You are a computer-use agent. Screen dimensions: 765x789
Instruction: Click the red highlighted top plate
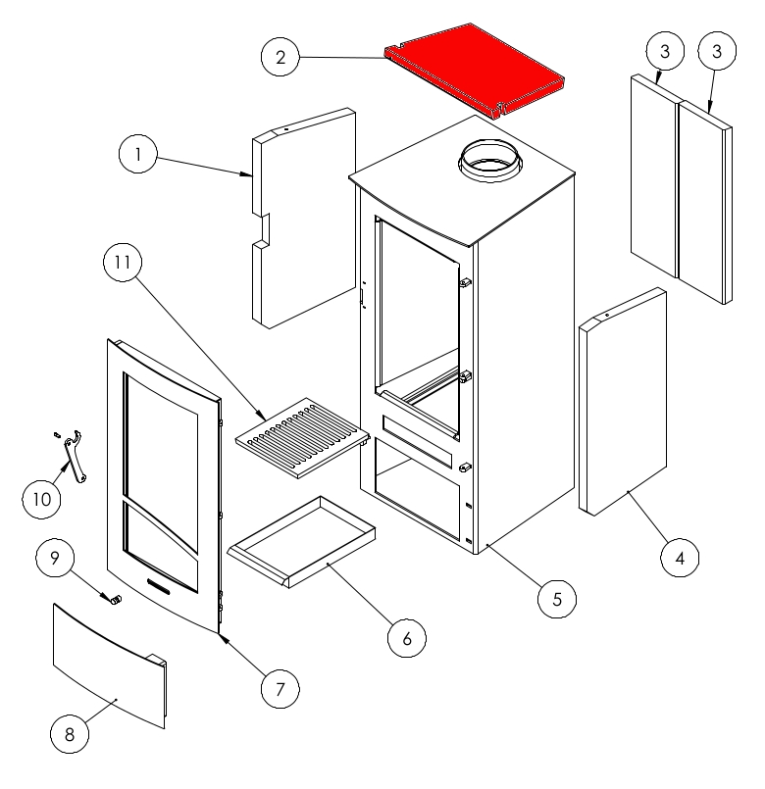point(475,71)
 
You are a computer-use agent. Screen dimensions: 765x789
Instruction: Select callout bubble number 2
point(280,57)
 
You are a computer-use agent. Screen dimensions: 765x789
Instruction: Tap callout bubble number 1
point(138,154)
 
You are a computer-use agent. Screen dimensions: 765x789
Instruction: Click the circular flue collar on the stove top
point(490,161)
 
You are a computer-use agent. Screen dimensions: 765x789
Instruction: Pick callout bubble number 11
point(123,262)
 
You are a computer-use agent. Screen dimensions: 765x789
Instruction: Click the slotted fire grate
point(303,438)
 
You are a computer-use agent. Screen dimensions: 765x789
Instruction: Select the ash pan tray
point(302,541)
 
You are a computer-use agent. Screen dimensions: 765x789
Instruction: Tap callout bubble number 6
point(406,638)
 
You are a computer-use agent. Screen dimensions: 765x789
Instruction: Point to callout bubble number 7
point(280,689)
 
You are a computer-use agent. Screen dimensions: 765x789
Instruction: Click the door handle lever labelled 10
point(74,457)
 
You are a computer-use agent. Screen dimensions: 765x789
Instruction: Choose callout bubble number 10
point(41,499)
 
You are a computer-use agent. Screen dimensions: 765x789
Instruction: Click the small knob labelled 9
point(117,600)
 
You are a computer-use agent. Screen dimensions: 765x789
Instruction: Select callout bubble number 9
point(55,558)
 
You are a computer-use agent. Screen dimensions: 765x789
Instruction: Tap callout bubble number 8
point(70,734)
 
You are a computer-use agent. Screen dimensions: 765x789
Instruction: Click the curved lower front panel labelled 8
point(109,666)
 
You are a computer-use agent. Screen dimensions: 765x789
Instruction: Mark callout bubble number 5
point(556,599)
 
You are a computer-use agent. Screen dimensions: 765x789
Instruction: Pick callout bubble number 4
point(680,558)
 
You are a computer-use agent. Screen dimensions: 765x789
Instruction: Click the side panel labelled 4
point(623,402)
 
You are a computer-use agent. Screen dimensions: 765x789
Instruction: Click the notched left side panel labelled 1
point(304,218)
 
